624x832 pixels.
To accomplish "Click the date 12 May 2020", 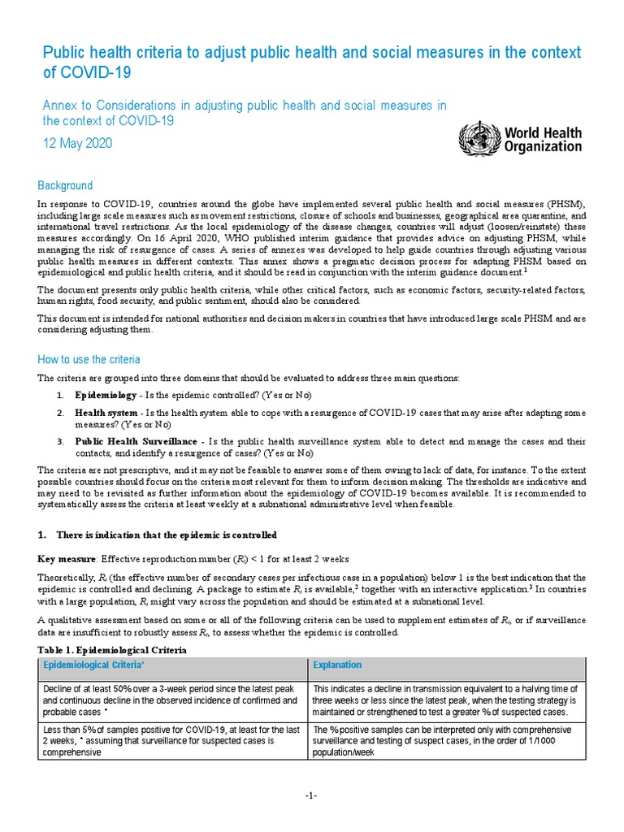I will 77,143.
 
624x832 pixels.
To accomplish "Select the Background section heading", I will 66,185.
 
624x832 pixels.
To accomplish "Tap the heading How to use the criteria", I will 89,359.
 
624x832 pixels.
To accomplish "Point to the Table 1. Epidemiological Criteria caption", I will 113,651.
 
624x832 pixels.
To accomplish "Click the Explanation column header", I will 337,665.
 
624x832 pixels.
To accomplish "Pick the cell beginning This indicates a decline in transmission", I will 445,700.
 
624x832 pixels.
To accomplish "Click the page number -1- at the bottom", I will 311,795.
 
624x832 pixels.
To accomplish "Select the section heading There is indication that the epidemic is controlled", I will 167,535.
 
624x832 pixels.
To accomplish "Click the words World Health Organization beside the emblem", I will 543,139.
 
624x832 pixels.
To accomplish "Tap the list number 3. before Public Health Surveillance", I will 60,441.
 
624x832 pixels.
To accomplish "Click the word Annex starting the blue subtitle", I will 58,105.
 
